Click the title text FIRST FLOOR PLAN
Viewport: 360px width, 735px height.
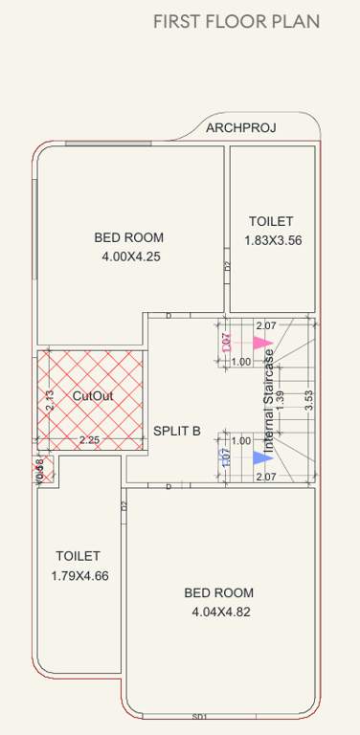(236, 22)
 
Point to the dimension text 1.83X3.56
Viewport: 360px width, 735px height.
(273, 241)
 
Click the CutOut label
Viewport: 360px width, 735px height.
(93, 394)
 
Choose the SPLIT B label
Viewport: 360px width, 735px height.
(177, 431)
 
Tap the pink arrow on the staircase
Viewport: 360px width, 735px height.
(262, 343)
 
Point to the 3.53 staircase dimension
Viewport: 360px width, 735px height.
(308, 400)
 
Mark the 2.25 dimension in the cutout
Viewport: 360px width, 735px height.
(89, 440)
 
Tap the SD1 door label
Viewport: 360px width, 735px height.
(199, 716)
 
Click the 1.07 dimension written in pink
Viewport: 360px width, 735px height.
(227, 343)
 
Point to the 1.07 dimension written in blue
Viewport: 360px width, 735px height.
(227, 458)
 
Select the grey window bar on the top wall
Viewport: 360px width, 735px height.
(108, 143)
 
